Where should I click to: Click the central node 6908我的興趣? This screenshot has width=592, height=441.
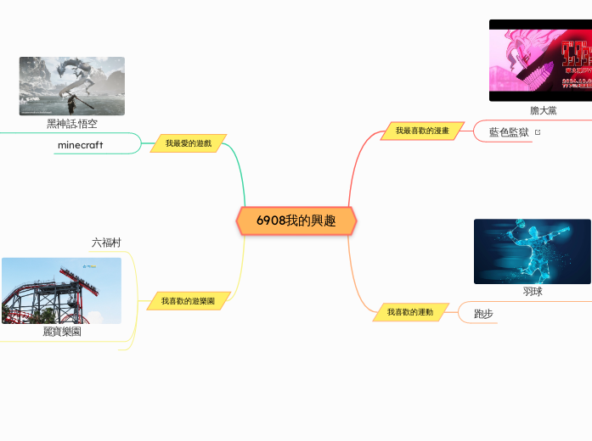click(x=296, y=220)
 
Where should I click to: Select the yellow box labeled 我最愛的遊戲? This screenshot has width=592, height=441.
click(x=189, y=144)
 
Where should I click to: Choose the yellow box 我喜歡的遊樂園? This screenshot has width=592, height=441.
click(x=189, y=301)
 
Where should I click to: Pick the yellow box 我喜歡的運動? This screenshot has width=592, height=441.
click(x=410, y=312)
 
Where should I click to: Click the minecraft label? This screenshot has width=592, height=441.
click(x=81, y=145)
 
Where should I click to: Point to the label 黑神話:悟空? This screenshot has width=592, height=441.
click(x=72, y=124)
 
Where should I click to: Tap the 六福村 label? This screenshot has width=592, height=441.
click(x=106, y=243)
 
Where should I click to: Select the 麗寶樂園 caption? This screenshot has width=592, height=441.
click(x=62, y=332)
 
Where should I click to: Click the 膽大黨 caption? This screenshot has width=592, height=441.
click(x=544, y=110)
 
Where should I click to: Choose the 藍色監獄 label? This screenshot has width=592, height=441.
click(x=509, y=132)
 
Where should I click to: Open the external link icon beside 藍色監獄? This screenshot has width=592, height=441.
click(x=538, y=132)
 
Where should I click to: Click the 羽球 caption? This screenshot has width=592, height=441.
click(x=533, y=292)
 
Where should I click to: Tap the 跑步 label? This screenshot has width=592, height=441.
click(x=483, y=314)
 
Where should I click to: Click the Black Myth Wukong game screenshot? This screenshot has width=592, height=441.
click(x=72, y=86)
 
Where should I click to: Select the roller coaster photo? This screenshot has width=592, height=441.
click(x=61, y=290)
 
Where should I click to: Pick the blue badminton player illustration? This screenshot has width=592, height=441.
click(x=532, y=251)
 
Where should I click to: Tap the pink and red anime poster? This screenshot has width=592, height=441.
click(x=540, y=60)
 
